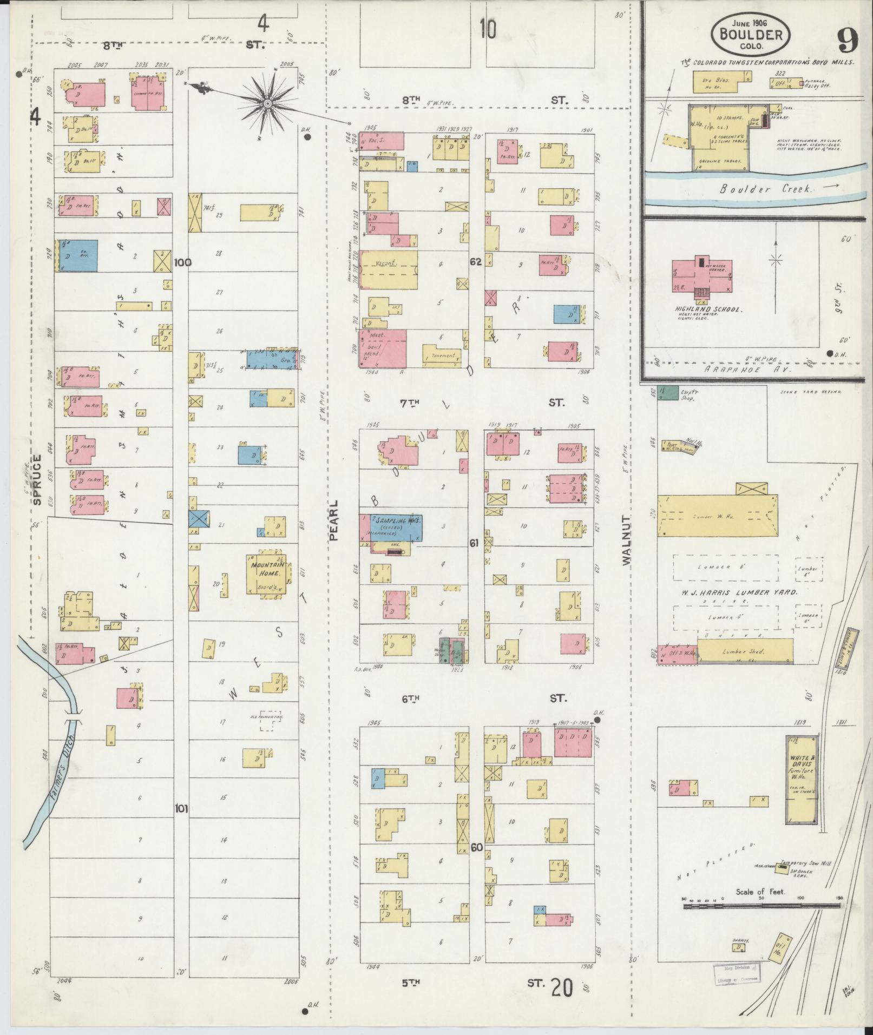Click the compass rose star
[267, 102]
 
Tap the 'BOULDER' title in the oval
[750, 35]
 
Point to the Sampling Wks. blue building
[395, 528]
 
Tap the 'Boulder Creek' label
[765, 189]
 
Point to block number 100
[182, 262]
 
